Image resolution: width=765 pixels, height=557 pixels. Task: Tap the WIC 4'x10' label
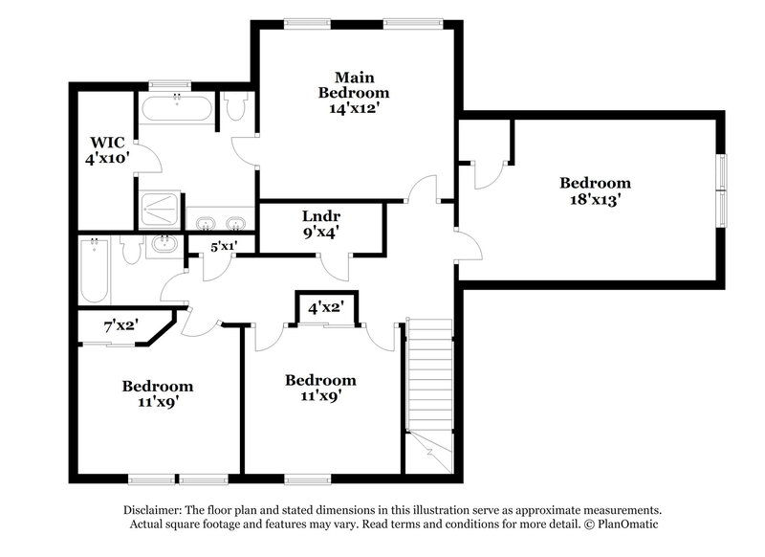click(x=106, y=151)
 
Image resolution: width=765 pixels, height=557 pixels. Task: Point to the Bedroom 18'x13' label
click(x=595, y=191)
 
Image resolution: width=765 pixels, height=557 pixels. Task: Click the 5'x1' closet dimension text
click(x=225, y=246)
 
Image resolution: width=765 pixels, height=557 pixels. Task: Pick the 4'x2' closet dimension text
click(x=325, y=308)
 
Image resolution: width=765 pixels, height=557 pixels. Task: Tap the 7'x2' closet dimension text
click(x=121, y=325)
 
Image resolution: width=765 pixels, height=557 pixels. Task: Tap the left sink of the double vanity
click(x=205, y=224)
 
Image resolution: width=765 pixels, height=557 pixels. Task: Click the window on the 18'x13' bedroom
click(x=722, y=189)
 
